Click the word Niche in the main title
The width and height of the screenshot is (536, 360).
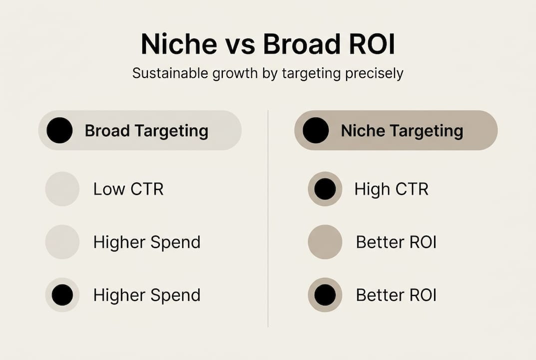pyautogui.click(x=179, y=45)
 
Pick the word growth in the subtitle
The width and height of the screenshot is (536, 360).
pyautogui.click(x=236, y=74)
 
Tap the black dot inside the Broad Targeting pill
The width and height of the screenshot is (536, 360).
pyautogui.click(x=59, y=130)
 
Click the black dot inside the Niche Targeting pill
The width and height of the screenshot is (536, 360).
pyautogui.click(x=316, y=130)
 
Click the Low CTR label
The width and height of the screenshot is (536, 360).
pyautogui.click(x=128, y=189)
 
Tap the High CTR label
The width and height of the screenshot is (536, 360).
pyautogui.click(x=391, y=189)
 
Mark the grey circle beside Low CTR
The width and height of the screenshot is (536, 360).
pyautogui.click(x=62, y=189)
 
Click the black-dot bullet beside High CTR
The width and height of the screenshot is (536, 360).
pyautogui.click(x=325, y=189)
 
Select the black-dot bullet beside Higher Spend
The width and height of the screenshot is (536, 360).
pyautogui.click(x=62, y=295)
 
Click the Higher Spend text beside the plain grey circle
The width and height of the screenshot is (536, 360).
pyautogui.click(x=147, y=242)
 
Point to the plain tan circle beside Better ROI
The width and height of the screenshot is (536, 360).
pyautogui.click(x=325, y=242)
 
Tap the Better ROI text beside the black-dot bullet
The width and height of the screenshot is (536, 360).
pyautogui.click(x=396, y=295)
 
